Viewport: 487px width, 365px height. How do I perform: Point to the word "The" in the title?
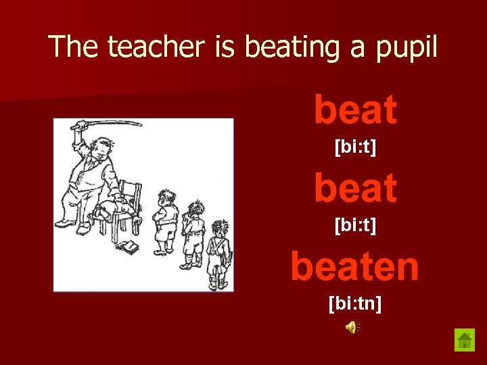[x=74, y=47]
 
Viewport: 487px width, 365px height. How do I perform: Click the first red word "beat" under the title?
[x=355, y=110]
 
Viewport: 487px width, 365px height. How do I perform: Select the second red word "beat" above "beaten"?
[x=355, y=188]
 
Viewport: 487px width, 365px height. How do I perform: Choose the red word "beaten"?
[x=354, y=266]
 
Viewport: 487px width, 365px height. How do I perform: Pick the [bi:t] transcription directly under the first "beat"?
[x=355, y=146]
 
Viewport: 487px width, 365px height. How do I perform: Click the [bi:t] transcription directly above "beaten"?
[x=355, y=224]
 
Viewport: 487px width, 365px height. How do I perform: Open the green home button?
[x=465, y=339]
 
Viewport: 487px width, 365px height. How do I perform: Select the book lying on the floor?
[x=126, y=247]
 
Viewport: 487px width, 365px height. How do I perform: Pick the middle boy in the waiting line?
[x=194, y=233]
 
